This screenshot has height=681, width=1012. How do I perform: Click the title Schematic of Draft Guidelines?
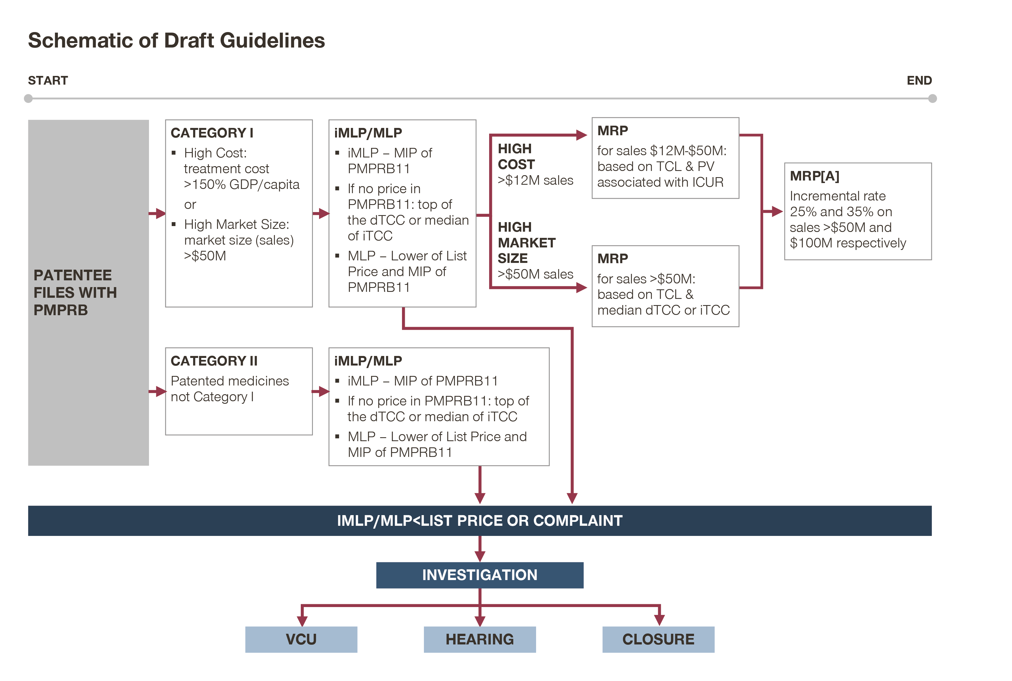click(x=176, y=40)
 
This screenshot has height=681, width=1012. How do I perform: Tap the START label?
click(x=48, y=80)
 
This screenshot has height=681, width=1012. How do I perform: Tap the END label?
click(x=919, y=80)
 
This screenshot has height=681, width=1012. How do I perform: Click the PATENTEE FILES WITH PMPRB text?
click(x=75, y=292)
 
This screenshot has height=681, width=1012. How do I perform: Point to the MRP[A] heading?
click(x=814, y=176)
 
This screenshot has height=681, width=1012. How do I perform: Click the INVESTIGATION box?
click(x=479, y=575)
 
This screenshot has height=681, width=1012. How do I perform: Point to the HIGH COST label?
click(x=516, y=156)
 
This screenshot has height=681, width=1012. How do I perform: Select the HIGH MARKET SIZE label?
click(x=526, y=242)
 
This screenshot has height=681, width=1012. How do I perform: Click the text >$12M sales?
click(x=535, y=180)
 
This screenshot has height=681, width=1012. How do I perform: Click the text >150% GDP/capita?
click(x=241, y=184)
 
